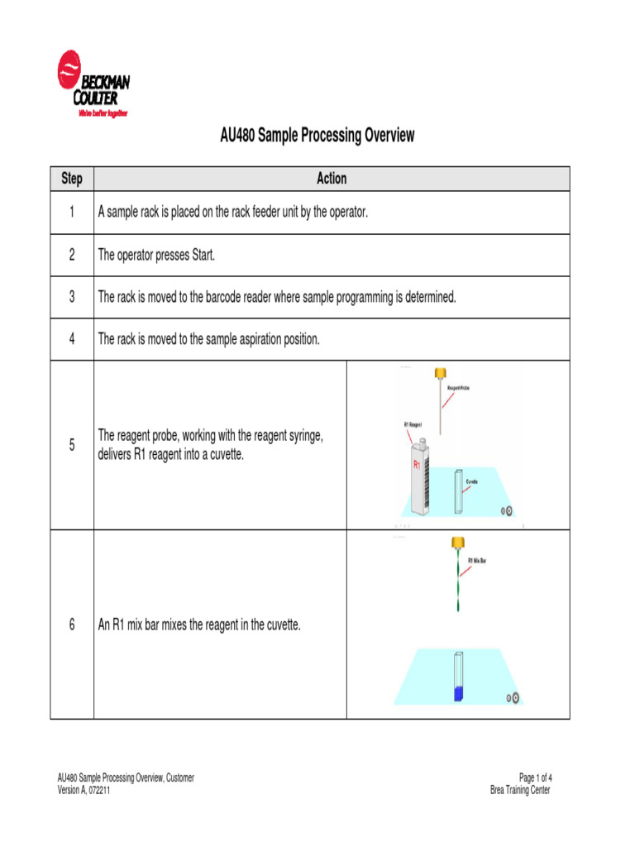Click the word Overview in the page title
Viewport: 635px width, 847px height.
tap(384, 136)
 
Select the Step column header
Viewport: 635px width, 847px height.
tap(72, 179)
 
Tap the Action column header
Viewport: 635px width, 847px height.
tap(332, 179)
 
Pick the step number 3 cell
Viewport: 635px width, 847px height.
tap(72, 297)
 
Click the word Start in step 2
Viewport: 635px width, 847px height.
tap(203, 255)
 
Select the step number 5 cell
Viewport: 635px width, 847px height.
tap(72, 445)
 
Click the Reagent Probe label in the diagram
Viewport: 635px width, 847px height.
tap(458, 387)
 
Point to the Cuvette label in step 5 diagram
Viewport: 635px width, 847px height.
tap(471, 481)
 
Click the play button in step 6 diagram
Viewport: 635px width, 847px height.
tap(513, 698)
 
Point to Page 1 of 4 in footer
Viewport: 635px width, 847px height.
tap(535, 778)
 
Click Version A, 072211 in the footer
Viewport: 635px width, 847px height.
tap(84, 790)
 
